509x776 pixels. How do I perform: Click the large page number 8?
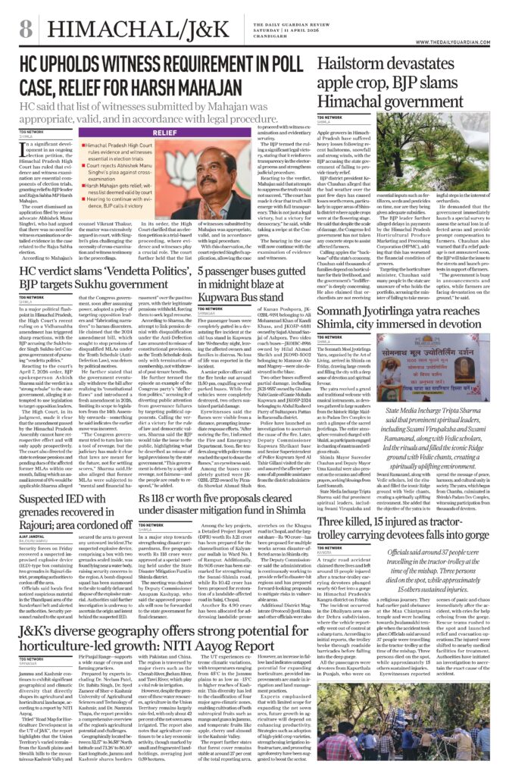[x=26, y=30]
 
